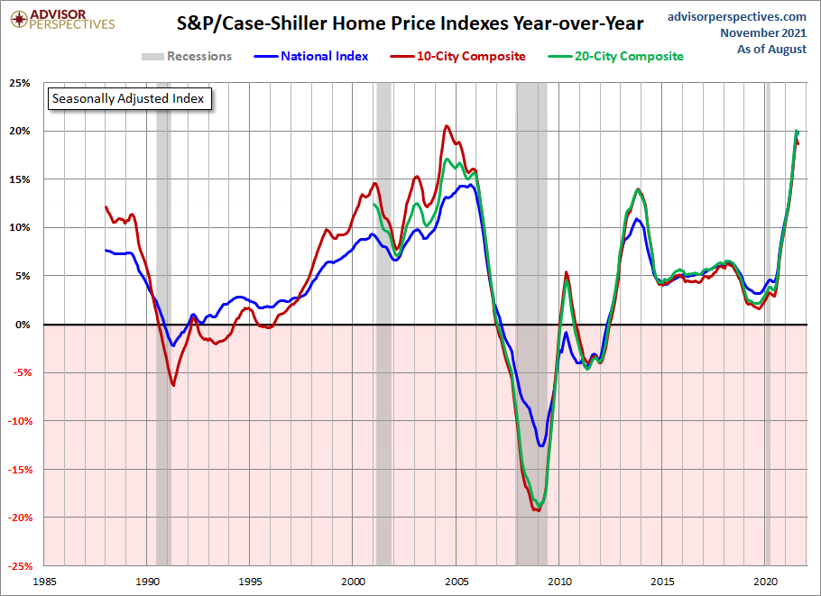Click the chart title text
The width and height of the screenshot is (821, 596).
click(403, 23)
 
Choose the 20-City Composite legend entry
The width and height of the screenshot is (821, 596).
click(616, 56)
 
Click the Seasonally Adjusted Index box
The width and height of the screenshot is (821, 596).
click(128, 98)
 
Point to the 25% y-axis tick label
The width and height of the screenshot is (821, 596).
click(19, 83)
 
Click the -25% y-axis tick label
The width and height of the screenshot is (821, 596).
click(17, 566)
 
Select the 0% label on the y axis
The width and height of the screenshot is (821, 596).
click(22, 325)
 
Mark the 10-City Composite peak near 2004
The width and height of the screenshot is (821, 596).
click(447, 126)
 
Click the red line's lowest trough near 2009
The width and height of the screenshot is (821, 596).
click(538, 511)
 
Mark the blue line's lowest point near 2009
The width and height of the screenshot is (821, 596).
click(540, 445)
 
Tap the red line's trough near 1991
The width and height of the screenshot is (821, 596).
click(173, 386)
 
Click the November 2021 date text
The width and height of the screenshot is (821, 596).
click(763, 32)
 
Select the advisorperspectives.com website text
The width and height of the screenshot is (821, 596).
click(737, 16)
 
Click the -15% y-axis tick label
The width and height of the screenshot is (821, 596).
click(17, 470)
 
